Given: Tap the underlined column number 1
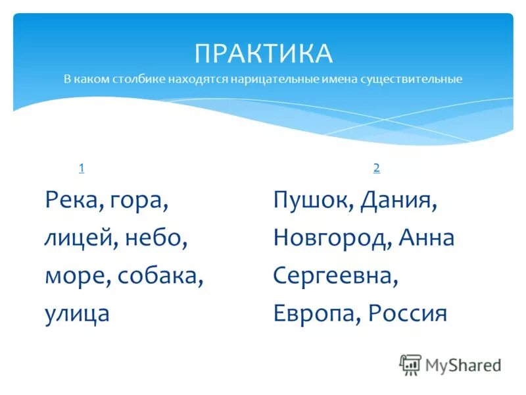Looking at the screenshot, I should coord(81,168).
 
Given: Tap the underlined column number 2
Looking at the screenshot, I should coord(376,168).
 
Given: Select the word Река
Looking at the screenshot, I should coord(69,199).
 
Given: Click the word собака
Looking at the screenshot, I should coord(160,276).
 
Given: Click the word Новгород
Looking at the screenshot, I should coord(333,238).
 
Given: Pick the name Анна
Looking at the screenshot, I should coord(427,238).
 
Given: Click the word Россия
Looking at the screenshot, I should coord(407,313).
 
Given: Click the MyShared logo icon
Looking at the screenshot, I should coord(410,364).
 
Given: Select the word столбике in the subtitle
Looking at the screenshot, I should coord(139,80).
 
